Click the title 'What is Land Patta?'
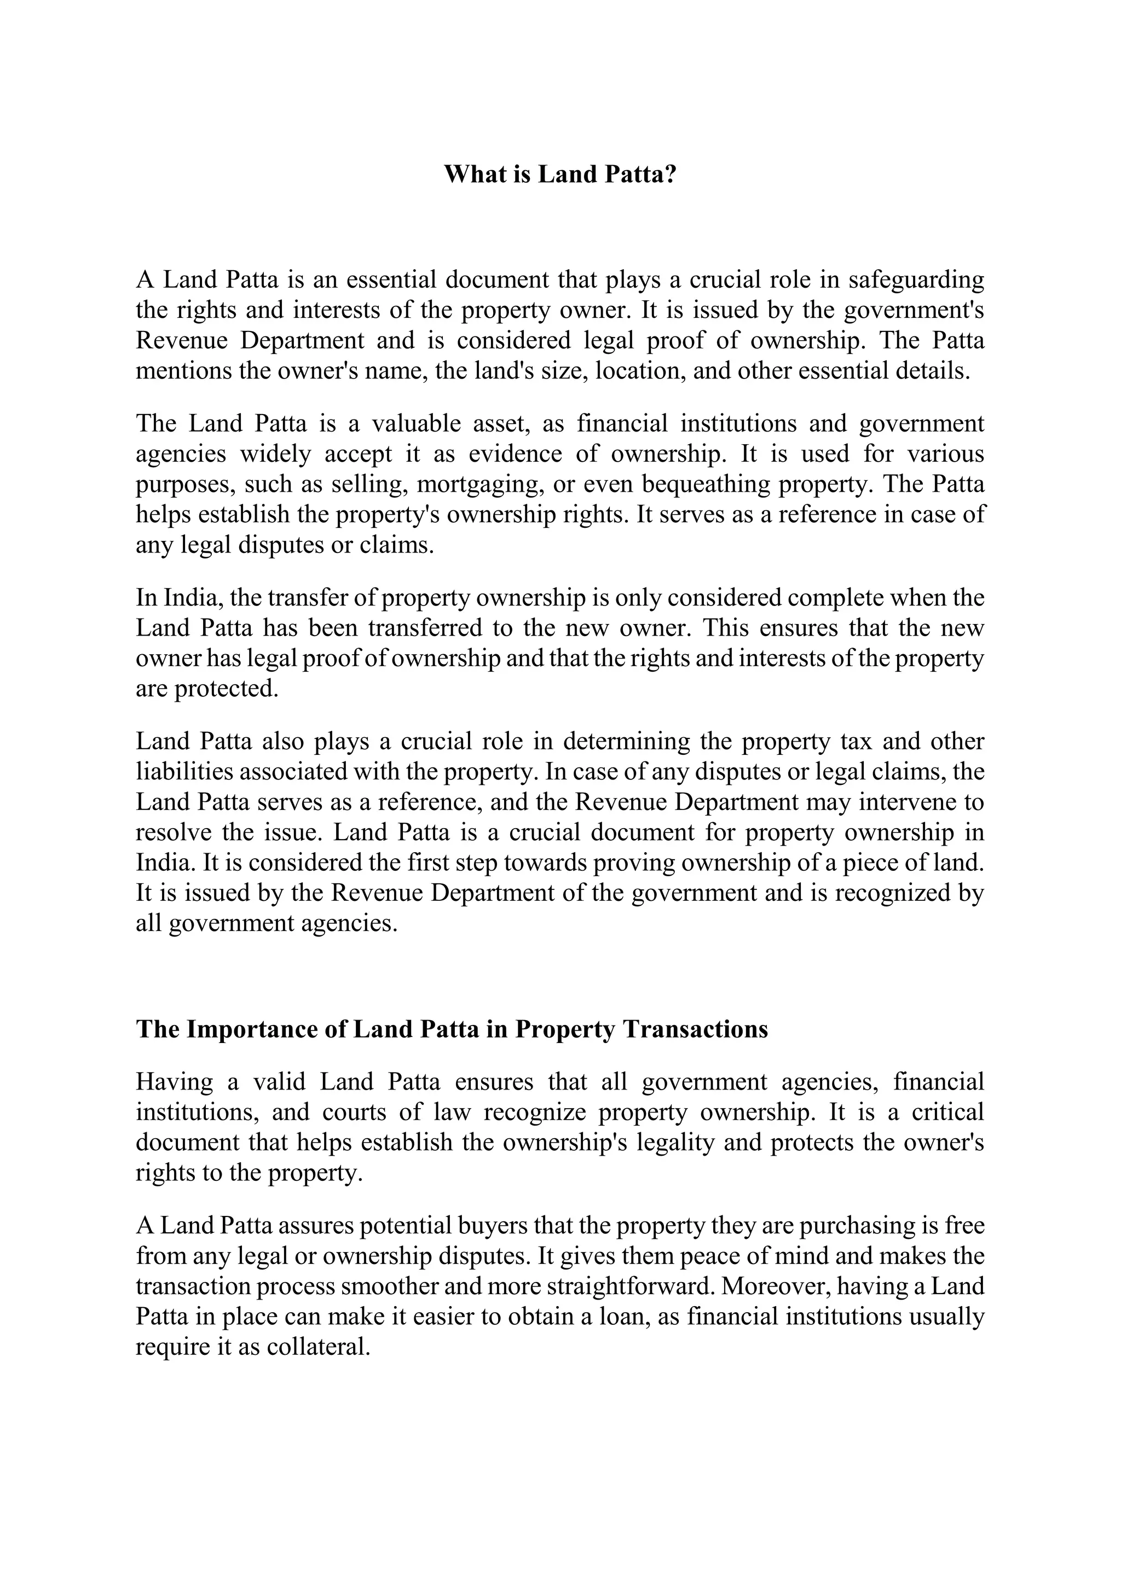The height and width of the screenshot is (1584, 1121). pyautogui.click(x=560, y=174)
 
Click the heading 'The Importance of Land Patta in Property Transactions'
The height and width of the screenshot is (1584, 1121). pyautogui.click(x=452, y=1029)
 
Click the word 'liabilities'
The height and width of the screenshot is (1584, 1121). pyautogui.click(x=180, y=771)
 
